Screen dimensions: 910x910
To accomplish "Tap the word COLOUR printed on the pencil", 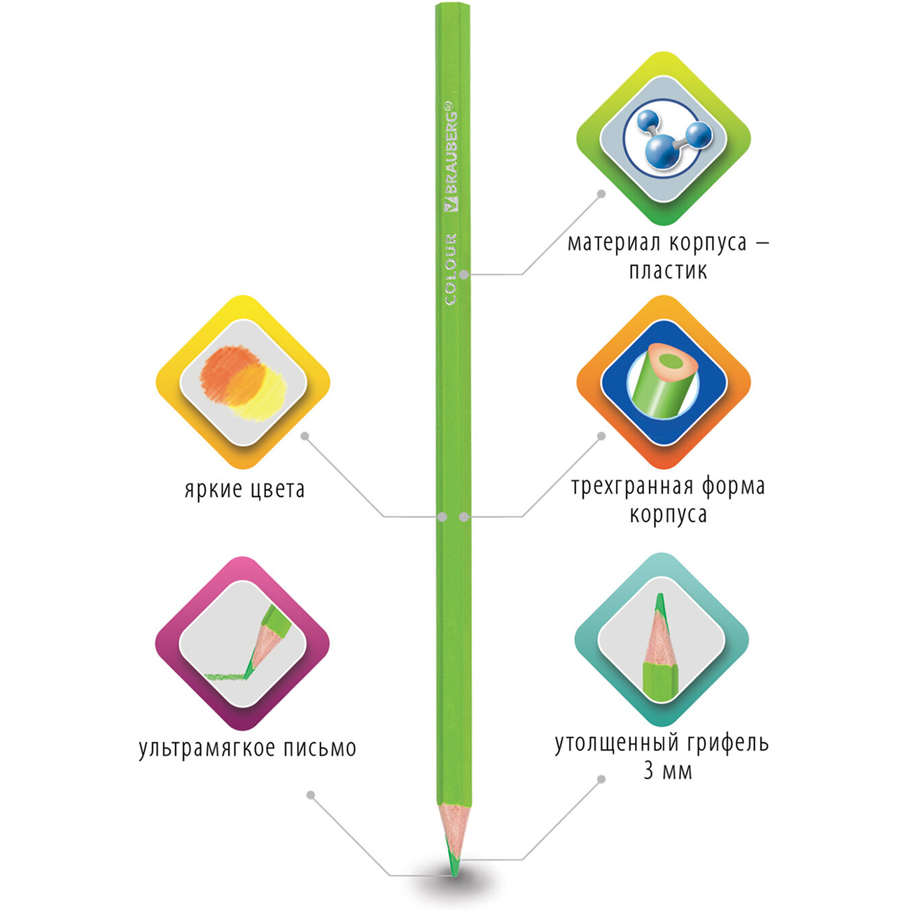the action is (451, 269).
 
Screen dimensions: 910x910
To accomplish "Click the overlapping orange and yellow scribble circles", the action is (243, 383).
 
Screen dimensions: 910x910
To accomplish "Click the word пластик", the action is (668, 272).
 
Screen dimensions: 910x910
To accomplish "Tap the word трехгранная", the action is (632, 487).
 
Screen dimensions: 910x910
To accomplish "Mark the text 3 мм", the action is (668, 771).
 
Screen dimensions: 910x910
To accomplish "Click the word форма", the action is (733, 486).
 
